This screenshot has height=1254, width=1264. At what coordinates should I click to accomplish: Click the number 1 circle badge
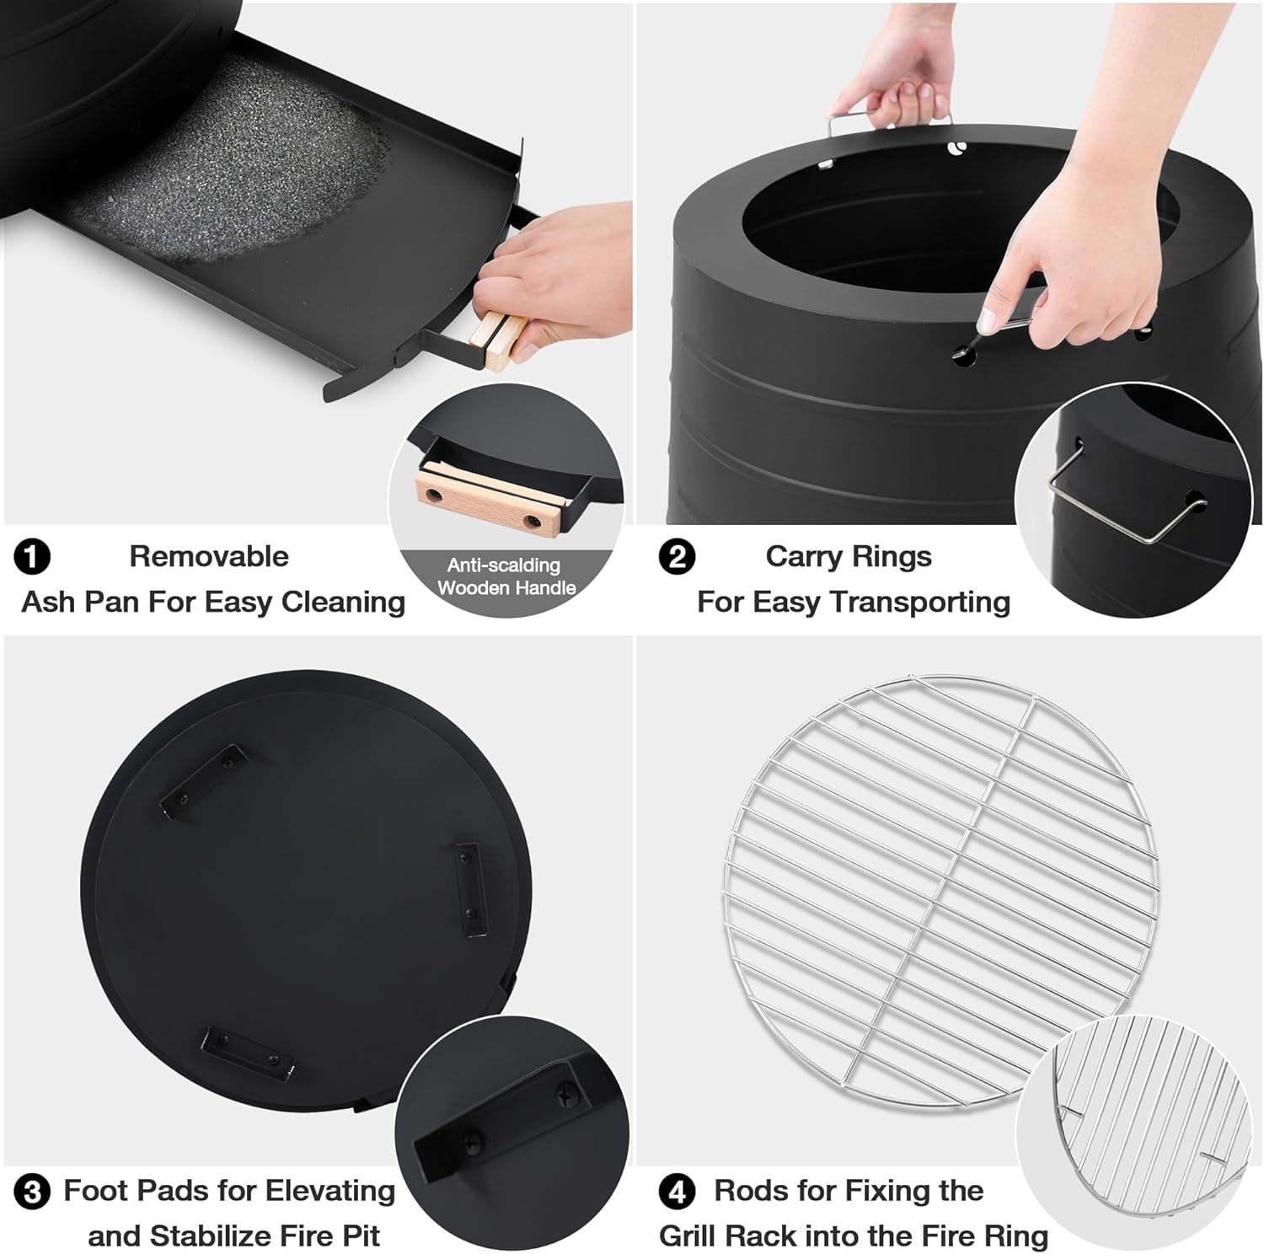coord(32,557)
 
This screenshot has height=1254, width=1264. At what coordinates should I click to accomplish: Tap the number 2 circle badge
coord(677,557)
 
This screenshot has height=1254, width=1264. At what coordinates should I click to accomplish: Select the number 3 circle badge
coord(32,1192)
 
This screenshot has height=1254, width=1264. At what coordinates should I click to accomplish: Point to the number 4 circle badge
coord(677,1192)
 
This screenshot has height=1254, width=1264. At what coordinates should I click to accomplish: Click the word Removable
coord(209,556)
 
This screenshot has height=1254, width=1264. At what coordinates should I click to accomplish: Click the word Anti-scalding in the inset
coord(504,565)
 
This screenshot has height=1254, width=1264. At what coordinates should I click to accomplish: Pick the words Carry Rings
coord(849,557)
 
